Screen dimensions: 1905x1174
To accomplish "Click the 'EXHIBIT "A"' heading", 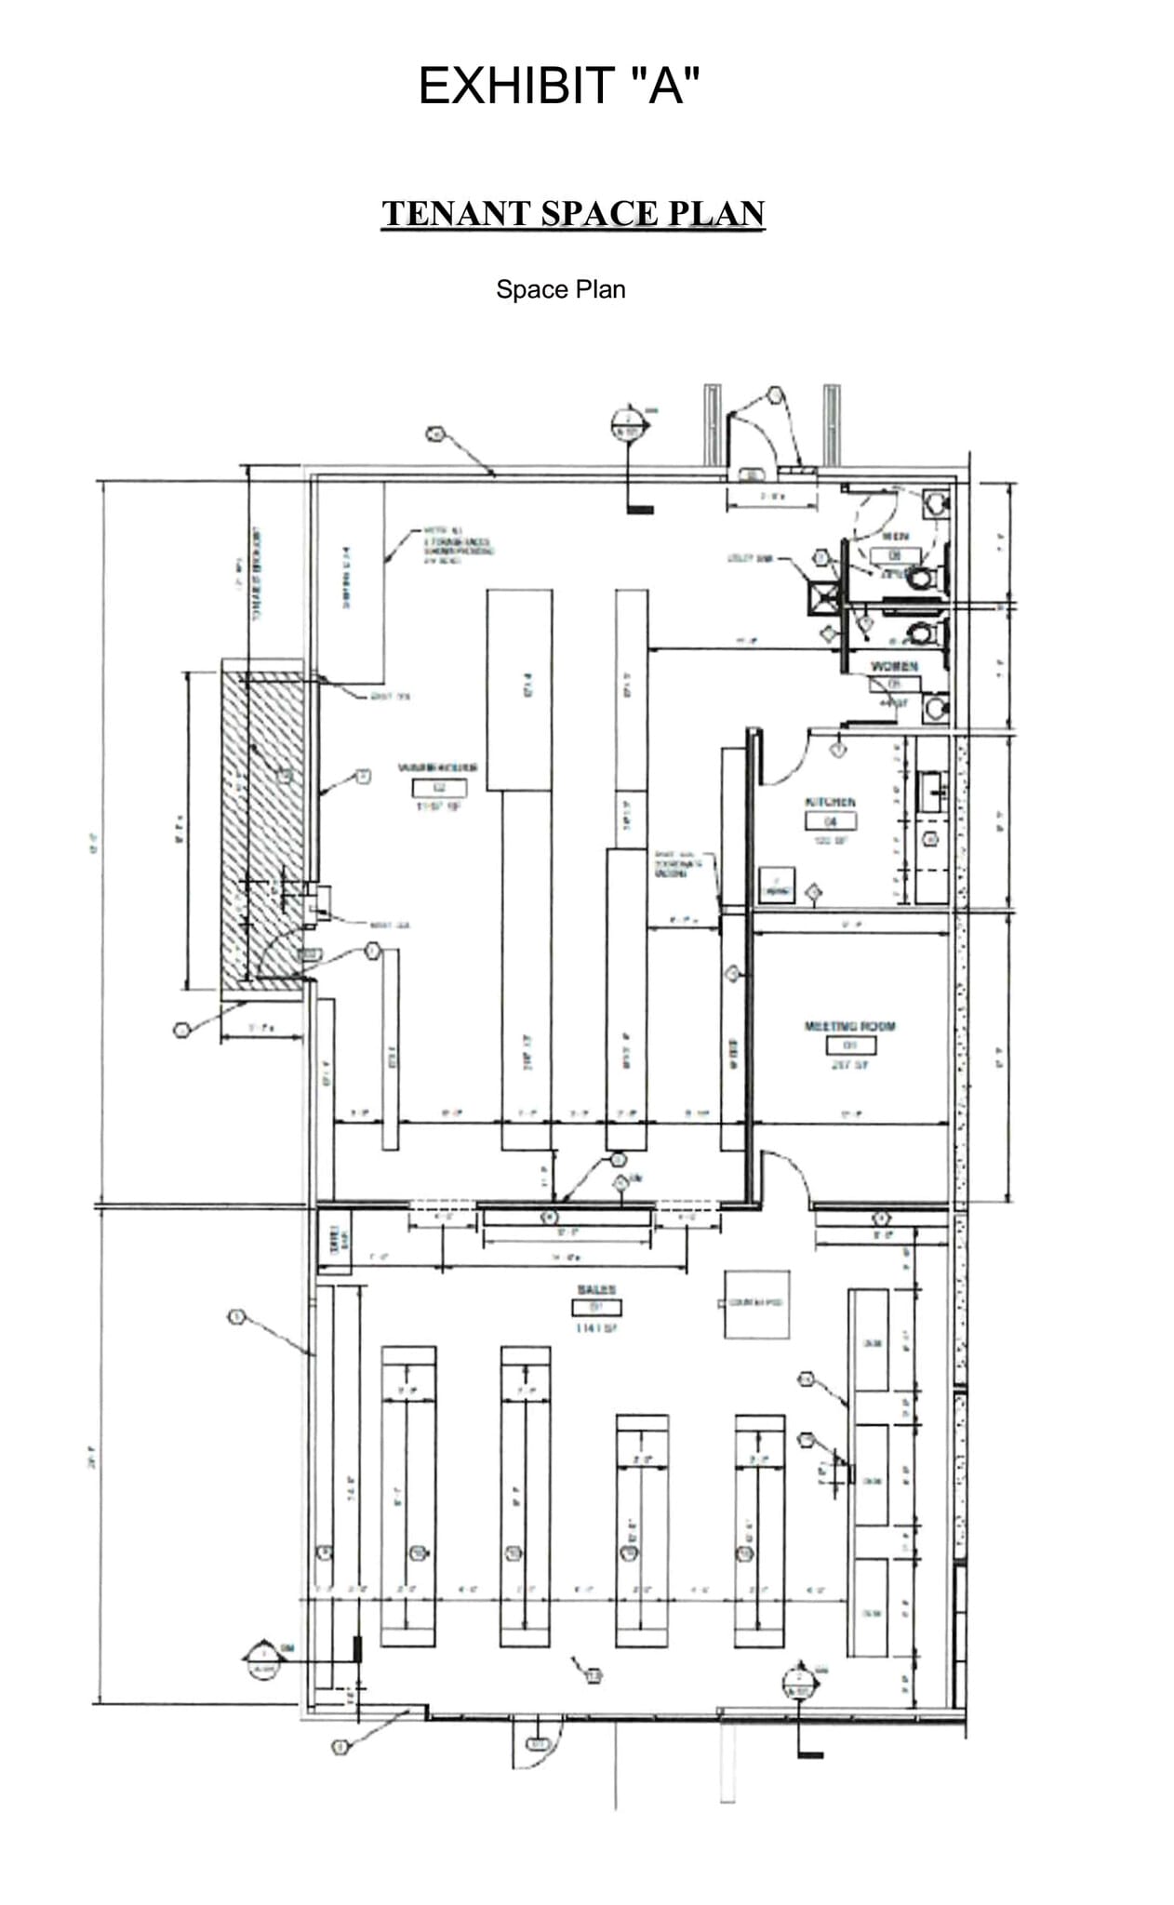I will pyautogui.click(x=558, y=86).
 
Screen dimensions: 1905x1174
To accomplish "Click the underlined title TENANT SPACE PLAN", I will pyautogui.click(x=572, y=213).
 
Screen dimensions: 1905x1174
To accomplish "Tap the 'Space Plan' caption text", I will pyautogui.click(x=560, y=289).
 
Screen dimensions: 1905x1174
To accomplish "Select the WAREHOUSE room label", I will pyautogui.click(x=437, y=767).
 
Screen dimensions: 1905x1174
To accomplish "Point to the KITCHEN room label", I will pyautogui.click(x=830, y=802).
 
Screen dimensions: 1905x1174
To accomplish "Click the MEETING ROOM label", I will pyautogui.click(x=849, y=1026).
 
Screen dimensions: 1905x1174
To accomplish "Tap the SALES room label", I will pyautogui.click(x=596, y=1289).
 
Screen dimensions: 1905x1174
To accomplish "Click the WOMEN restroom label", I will pyautogui.click(x=894, y=666).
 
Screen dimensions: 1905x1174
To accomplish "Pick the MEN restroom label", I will pyautogui.click(x=895, y=537).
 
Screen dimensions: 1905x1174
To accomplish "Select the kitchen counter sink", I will pyautogui.click(x=931, y=791).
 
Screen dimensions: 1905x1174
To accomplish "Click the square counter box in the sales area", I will pyautogui.click(x=756, y=1304).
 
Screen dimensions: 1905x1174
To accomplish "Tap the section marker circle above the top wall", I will pyautogui.click(x=628, y=425).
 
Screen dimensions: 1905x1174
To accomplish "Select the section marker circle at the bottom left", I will pyautogui.click(x=263, y=1658).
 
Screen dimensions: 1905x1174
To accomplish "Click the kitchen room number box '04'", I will pyautogui.click(x=831, y=820).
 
